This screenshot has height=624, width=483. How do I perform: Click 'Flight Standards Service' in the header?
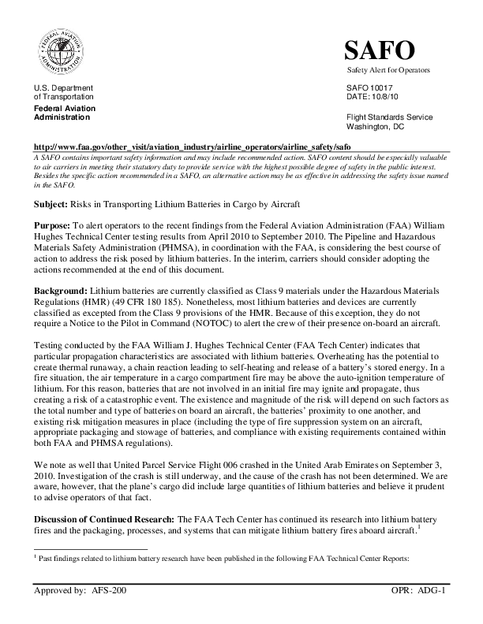tap(390, 117)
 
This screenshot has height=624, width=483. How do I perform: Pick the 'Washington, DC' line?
tap(376, 126)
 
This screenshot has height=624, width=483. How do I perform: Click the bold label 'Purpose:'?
tap(52, 225)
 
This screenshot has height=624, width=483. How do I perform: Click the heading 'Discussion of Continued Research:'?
tap(104, 521)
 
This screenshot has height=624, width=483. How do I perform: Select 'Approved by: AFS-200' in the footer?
tap(80, 590)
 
